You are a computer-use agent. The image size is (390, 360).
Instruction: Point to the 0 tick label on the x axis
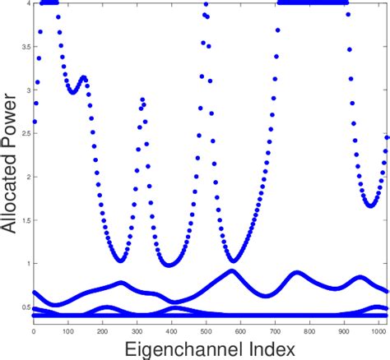pos(33,330)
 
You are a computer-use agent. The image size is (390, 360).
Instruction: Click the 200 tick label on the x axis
pos(101,330)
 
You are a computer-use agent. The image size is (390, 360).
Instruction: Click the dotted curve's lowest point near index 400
pos(169,265)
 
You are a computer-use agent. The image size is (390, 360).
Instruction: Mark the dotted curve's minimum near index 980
pos(372,205)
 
